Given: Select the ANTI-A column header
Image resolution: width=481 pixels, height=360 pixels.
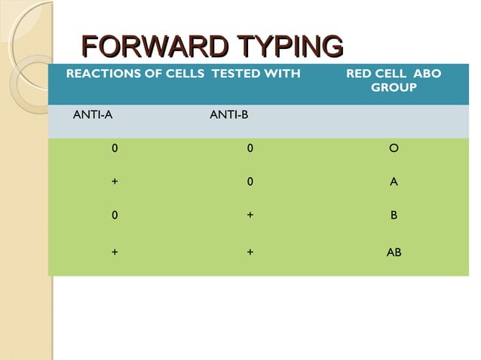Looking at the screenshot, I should point(93,115).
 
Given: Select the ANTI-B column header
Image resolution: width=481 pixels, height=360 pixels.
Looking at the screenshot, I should point(229,115).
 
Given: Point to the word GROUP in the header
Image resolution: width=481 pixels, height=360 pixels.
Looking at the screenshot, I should point(394,88).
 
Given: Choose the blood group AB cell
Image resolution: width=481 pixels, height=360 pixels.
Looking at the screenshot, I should point(394,252).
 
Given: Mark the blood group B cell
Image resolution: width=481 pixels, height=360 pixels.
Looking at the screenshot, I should point(394,215).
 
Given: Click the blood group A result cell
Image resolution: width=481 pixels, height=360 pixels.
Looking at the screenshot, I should point(394,182).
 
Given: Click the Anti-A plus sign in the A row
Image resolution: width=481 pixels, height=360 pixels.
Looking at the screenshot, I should point(115,182).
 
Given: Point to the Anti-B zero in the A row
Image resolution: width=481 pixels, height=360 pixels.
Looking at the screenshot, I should point(250,182).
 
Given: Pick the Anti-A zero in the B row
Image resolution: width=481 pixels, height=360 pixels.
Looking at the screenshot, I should point(115,215).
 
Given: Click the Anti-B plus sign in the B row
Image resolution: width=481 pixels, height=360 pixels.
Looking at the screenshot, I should point(250,215).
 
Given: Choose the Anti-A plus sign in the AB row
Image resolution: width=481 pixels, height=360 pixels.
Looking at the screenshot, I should point(115,252).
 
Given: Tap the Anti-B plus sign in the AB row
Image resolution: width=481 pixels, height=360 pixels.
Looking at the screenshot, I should point(250,252).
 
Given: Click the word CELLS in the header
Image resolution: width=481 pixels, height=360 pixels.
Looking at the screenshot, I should point(185,74).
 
